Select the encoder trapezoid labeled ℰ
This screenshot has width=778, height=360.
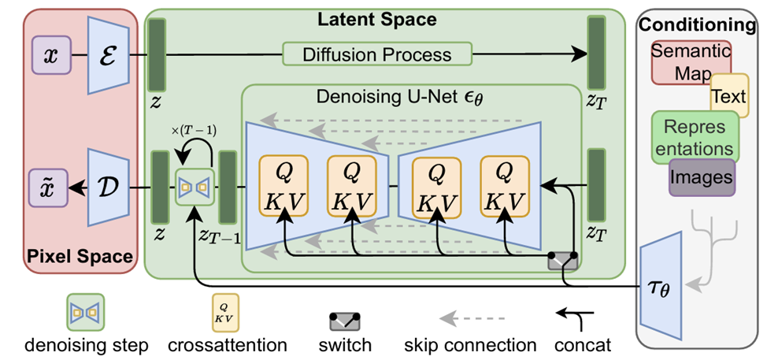pos(108,56)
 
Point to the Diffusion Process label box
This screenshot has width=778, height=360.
pos(377,55)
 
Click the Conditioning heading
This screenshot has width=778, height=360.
pos(697,24)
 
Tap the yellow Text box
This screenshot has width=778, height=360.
pos(729,96)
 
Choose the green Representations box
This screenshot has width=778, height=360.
pos(694,137)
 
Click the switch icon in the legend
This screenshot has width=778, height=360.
pos(344,321)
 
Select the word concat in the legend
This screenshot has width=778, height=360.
pos(583,345)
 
